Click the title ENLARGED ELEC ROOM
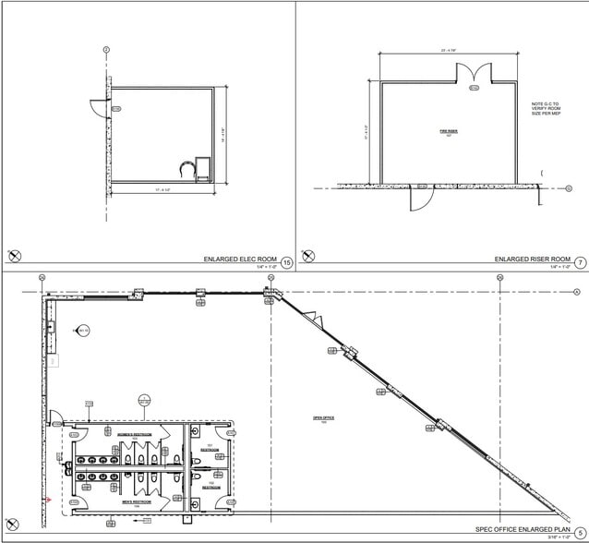240,259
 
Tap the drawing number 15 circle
287,263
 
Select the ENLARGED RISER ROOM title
533,259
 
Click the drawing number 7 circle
580,263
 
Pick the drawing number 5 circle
580,532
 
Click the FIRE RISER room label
449,132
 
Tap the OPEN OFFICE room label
323,418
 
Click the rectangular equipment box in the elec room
205,170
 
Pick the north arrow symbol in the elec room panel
14,256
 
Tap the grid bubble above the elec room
106,49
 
